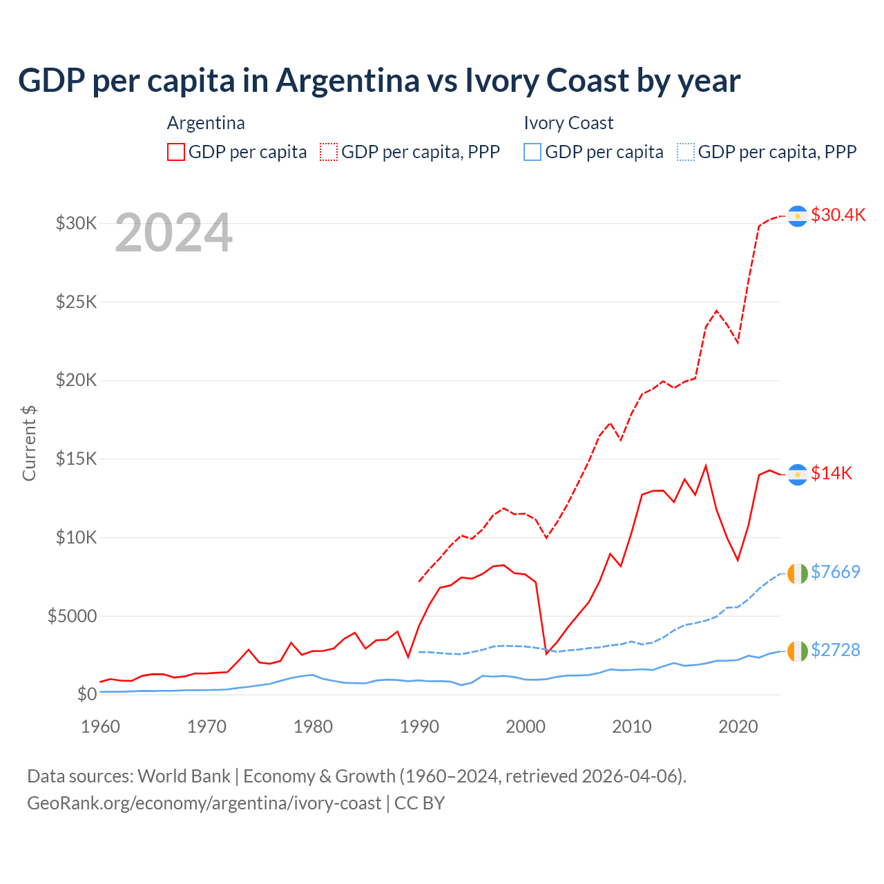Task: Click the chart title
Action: [x=379, y=81]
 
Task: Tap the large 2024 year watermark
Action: [x=173, y=233]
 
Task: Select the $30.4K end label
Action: [x=838, y=215]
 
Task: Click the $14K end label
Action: [x=832, y=473]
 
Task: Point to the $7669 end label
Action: [x=836, y=572]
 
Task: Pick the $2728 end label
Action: [x=836, y=650]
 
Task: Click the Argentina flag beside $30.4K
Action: [x=798, y=216]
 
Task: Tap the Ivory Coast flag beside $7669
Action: [x=798, y=573]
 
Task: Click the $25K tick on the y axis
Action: [x=77, y=302]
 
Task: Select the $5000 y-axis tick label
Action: [x=72, y=616]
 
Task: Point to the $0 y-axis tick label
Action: [x=86, y=694]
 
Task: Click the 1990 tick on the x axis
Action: [x=419, y=727]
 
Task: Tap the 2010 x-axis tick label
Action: [x=632, y=727]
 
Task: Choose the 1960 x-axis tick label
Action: [x=101, y=727]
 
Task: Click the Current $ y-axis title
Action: [x=29, y=443]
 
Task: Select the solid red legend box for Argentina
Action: [x=176, y=152]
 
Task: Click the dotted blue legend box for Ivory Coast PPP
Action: [x=686, y=152]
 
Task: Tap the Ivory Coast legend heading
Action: [x=568, y=123]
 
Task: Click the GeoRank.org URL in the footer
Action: [x=204, y=803]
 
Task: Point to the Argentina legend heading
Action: [x=206, y=123]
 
